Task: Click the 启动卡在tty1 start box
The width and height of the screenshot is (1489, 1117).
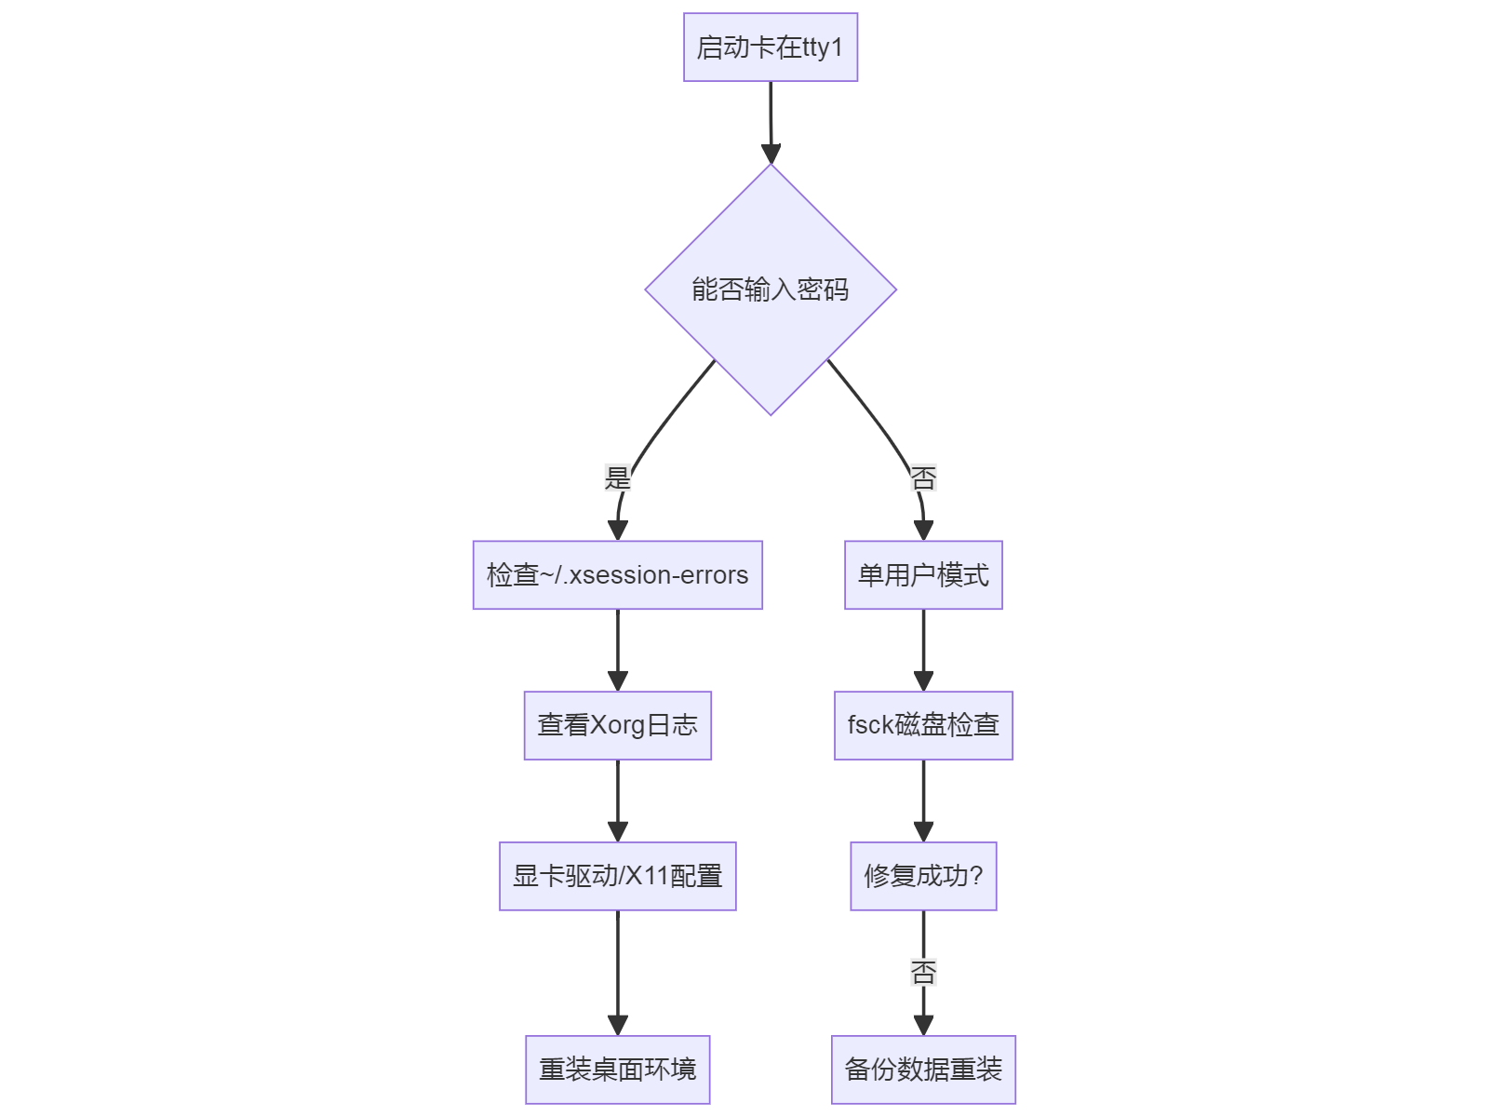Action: tap(770, 47)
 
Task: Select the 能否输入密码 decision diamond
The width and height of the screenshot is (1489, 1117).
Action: tap(770, 289)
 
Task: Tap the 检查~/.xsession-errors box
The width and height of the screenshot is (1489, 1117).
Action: tap(617, 575)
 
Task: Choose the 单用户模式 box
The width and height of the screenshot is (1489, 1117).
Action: tap(923, 575)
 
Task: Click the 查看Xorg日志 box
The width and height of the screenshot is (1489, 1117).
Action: tap(617, 725)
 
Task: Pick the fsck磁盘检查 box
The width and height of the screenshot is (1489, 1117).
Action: tap(923, 725)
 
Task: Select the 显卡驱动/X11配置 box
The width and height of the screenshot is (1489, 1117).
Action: tap(617, 876)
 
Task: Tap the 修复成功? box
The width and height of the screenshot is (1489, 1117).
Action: tap(923, 876)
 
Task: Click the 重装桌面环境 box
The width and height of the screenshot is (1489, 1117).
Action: tap(617, 1070)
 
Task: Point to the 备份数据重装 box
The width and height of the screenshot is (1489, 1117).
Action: tap(923, 1070)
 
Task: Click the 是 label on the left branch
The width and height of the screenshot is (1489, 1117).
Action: tap(617, 478)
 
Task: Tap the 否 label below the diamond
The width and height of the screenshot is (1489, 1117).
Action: tap(923, 478)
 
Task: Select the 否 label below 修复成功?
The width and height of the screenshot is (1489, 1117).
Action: tap(923, 973)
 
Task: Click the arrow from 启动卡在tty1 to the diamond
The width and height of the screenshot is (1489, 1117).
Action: tap(771, 121)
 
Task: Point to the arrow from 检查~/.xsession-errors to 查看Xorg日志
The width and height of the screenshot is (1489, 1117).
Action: tap(618, 649)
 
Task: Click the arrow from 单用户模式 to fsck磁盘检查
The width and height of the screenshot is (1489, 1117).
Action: tap(923, 649)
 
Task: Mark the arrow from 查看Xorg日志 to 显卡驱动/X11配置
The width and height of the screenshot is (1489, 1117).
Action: tap(618, 800)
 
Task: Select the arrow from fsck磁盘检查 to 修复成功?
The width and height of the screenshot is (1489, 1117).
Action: tap(923, 800)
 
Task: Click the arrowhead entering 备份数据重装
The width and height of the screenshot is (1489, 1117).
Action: tap(923, 1025)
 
